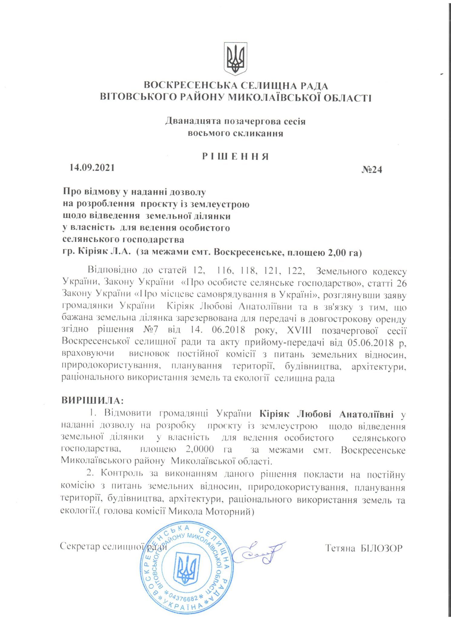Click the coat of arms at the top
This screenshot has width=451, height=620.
pos(235,59)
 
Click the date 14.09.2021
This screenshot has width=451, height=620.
pos(92,167)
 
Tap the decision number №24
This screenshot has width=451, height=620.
pos(372,170)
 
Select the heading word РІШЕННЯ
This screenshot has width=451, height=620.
pos(235,157)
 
